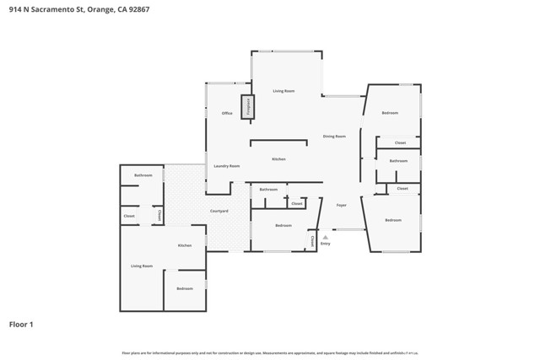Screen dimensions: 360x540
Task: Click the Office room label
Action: (227, 113)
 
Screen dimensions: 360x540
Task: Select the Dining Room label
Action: (334, 136)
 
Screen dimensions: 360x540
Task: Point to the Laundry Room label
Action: (227, 166)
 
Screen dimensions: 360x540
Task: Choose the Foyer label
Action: (342, 205)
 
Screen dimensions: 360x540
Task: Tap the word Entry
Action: (325, 244)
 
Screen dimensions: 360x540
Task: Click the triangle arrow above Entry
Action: (325, 237)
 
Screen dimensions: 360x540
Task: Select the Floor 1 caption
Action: (21, 324)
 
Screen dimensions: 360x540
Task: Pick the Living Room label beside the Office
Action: (283, 90)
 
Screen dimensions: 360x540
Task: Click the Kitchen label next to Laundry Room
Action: (278, 159)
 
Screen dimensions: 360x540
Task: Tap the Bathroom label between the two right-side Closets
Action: (399, 160)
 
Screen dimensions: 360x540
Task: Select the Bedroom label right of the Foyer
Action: (393, 220)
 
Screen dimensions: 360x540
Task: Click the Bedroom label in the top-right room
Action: (389, 113)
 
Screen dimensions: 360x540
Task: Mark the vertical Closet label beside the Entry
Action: (312, 240)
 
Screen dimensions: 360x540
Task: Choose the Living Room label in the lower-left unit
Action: (142, 266)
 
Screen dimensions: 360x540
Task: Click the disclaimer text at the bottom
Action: (270, 352)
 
